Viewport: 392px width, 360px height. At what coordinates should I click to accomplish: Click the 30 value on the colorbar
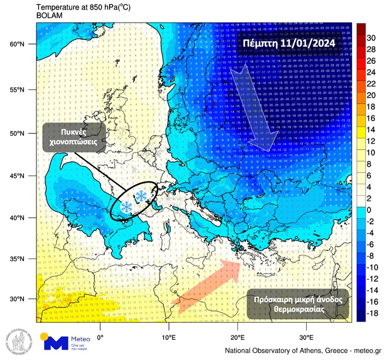[371, 38]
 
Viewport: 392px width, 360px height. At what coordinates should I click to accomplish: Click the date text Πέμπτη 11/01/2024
[289, 43]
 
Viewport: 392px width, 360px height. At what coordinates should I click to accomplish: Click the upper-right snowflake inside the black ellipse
[142, 196]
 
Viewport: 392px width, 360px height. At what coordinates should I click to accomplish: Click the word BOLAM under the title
[48, 15]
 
